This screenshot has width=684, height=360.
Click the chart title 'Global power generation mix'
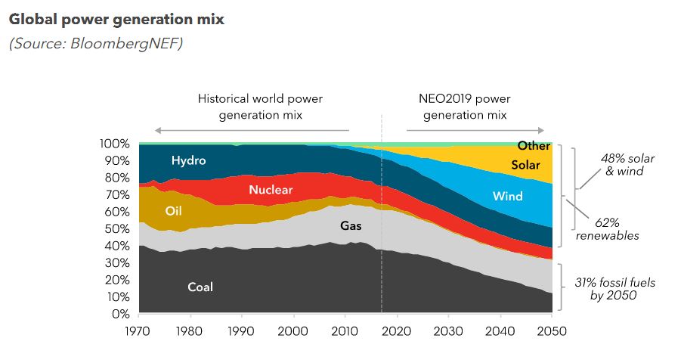click(x=116, y=19)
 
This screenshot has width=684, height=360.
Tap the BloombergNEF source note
click(x=96, y=43)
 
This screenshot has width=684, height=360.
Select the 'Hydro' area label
click(x=188, y=160)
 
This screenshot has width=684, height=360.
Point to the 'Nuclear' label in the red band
click(x=270, y=190)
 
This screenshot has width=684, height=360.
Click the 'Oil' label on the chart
click(x=175, y=211)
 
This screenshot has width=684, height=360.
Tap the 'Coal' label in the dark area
click(x=200, y=287)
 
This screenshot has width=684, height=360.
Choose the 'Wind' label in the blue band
click(x=507, y=196)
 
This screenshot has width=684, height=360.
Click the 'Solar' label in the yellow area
click(x=525, y=165)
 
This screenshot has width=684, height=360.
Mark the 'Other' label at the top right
click(x=534, y=146)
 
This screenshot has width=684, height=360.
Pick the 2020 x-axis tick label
click(x=398, y=331)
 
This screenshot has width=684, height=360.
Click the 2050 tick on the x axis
click(x=552, y=331)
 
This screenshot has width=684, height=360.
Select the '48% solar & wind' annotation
click(x=627, y=164)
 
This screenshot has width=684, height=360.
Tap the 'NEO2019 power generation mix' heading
click(x=464, y=107)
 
